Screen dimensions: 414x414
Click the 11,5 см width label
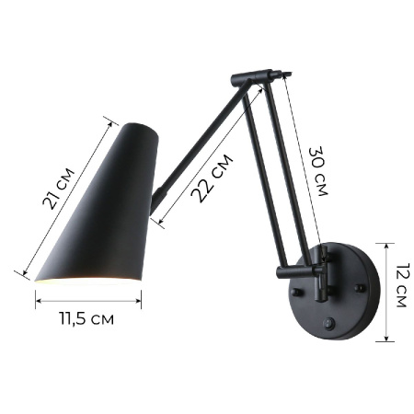(x=86, y=319)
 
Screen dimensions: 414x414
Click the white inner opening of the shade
(x=87, y=277)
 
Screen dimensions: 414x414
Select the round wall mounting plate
(x=336, y=293)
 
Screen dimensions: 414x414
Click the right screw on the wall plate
(x=359, y=289)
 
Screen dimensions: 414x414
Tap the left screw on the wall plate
(x=296, y=292)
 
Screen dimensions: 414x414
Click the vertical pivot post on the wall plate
(x=321, y=282)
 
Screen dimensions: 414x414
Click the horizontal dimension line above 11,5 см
(x=88, y=296)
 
